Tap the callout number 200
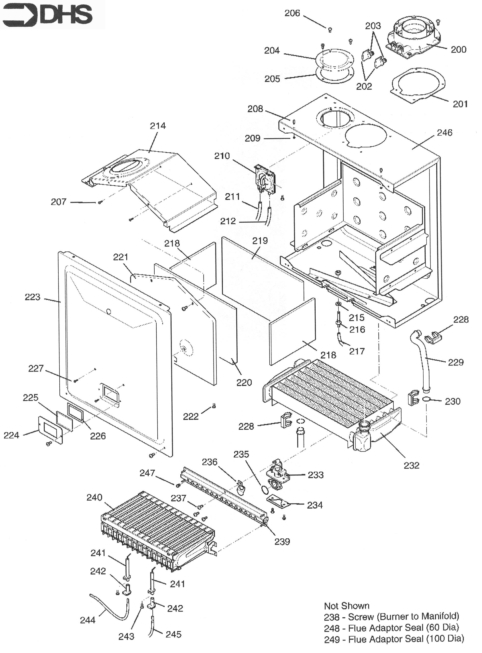[458, 49]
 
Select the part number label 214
[158, 126]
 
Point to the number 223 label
[32, 297]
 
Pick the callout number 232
[411, 465]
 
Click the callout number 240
[94, 497]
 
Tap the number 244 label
[88, 620]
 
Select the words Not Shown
[347, 606]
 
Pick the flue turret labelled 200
[414, 38]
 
